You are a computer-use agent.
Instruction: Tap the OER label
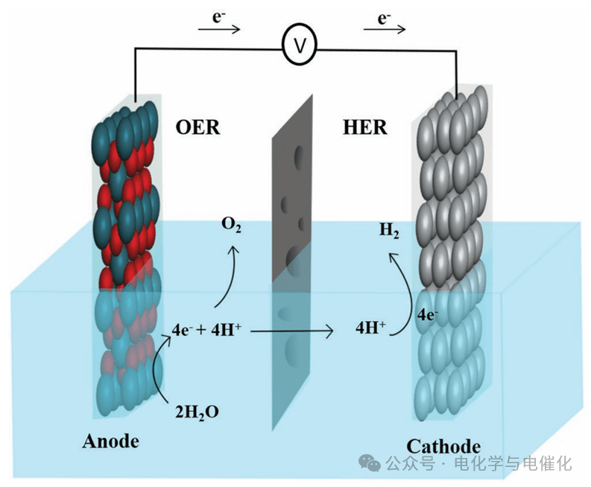[197, 127]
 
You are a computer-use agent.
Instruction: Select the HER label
[365, 127]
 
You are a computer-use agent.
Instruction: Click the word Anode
[110, 441]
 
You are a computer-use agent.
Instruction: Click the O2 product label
[231, 225]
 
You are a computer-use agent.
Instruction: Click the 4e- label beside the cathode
[427, 314]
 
